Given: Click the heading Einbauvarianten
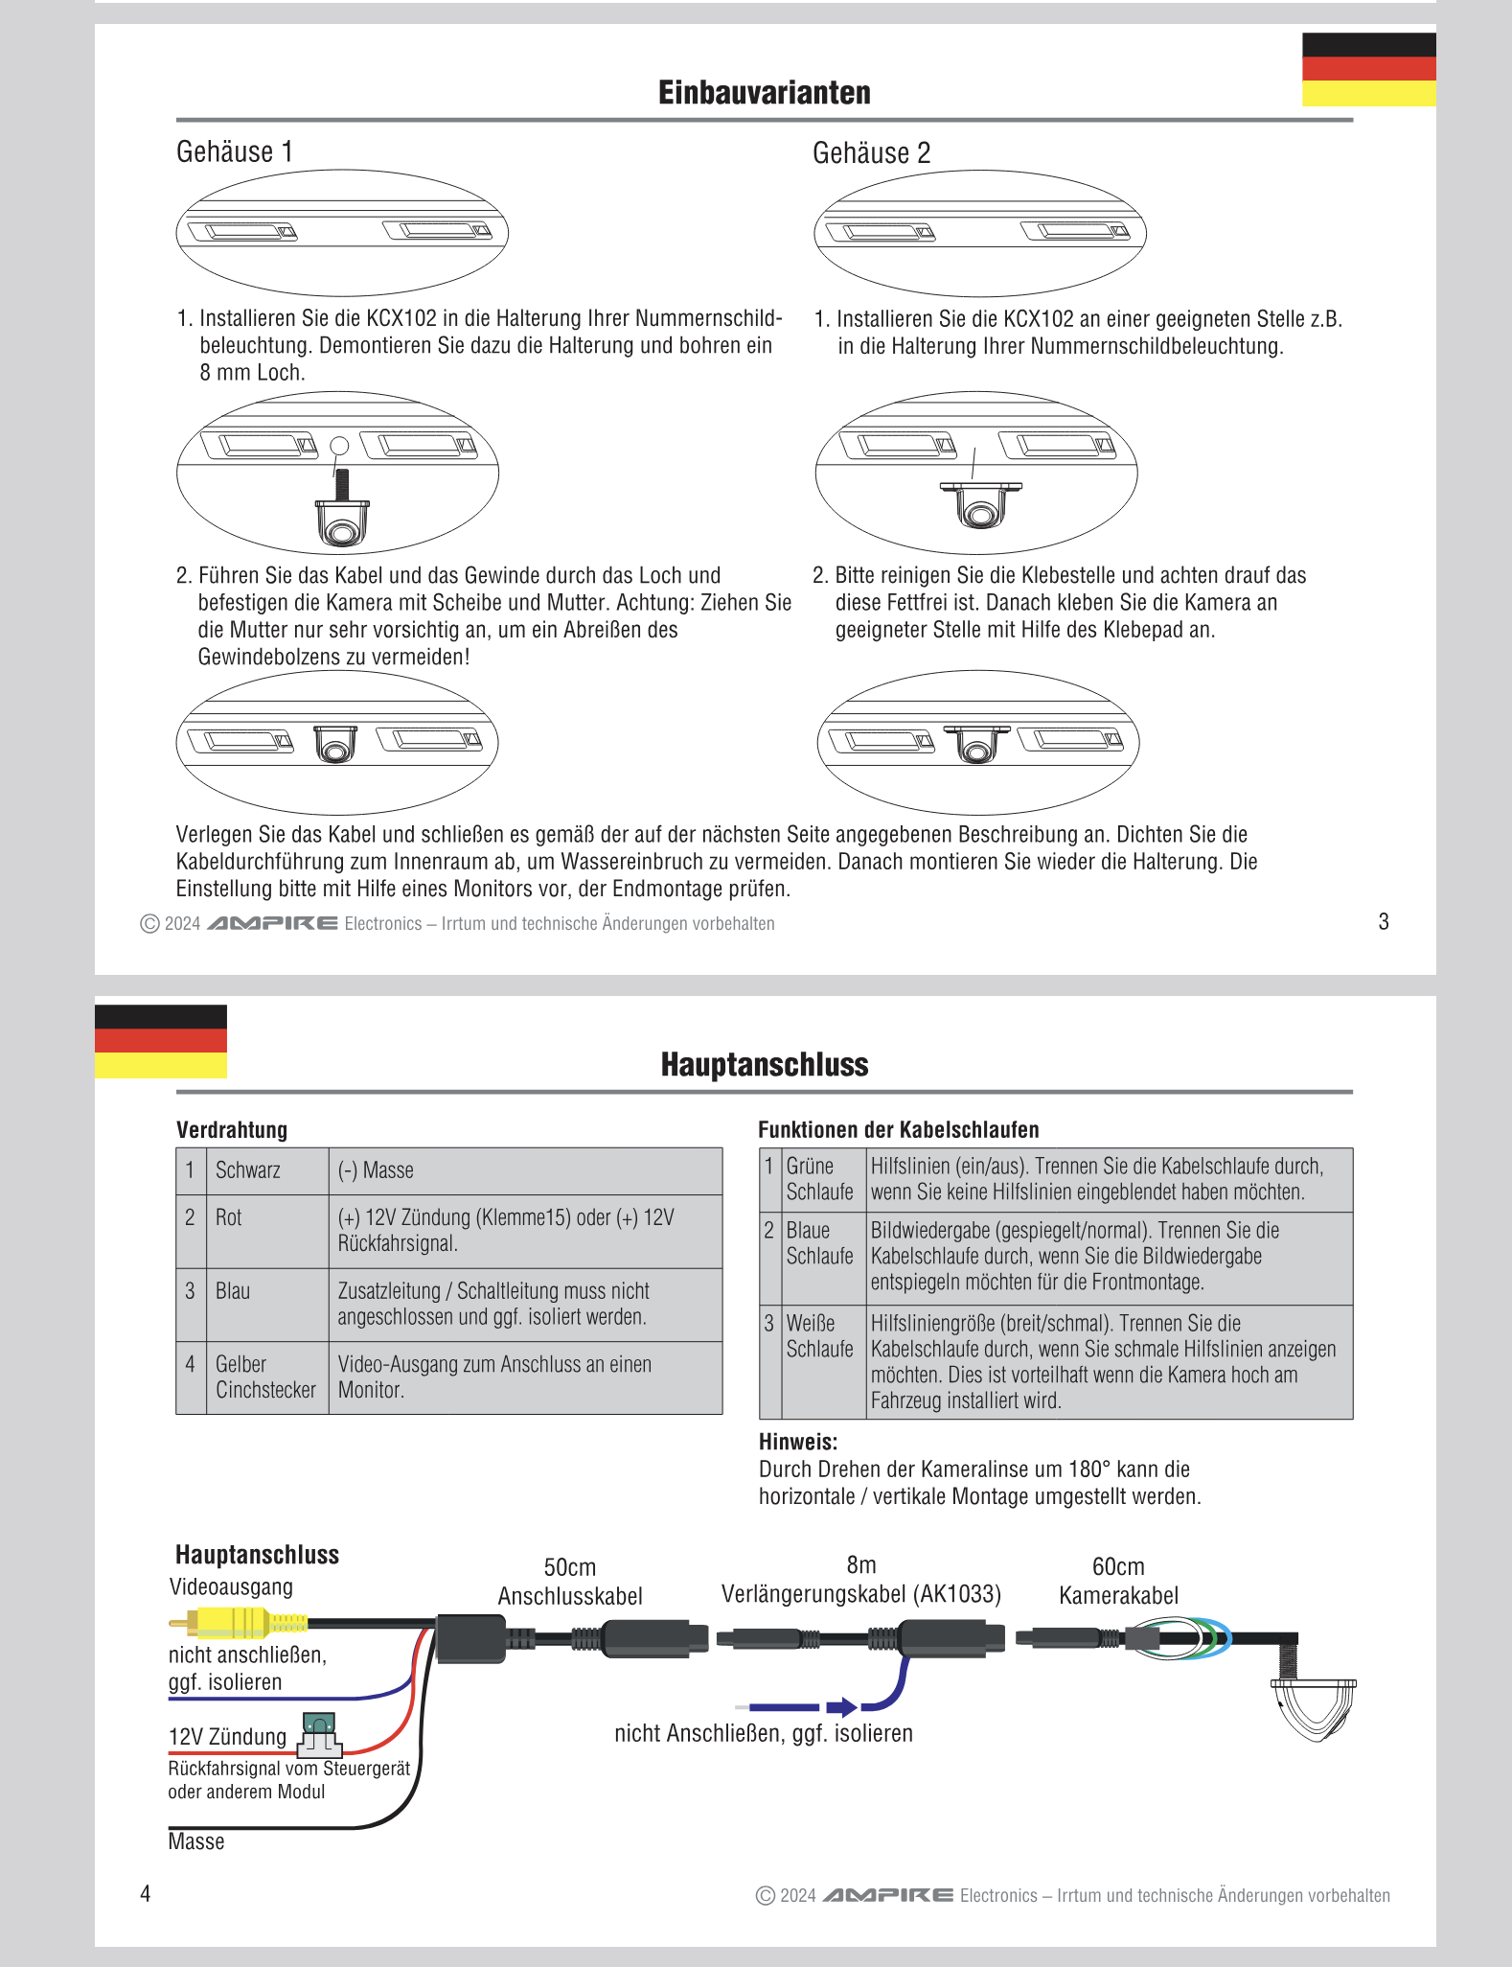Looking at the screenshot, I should coord(764,93).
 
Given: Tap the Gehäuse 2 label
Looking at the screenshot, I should coord(871,153).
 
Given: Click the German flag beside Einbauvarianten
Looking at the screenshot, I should coord(1368,69).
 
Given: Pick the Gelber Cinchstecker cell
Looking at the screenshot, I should coord(266,1377).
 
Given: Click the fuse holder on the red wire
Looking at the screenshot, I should coord(320,1735).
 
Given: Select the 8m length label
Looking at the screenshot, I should coord(860,1565).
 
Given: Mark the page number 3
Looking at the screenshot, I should coord(1383,922).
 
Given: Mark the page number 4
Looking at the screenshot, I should coord(146,1893).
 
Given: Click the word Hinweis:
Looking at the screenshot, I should coord(798,1442).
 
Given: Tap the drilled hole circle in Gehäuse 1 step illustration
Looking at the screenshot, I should coord(339,446).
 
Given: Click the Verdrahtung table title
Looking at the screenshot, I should coord(232,1130).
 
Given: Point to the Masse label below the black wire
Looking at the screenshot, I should coord(196,1841).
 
